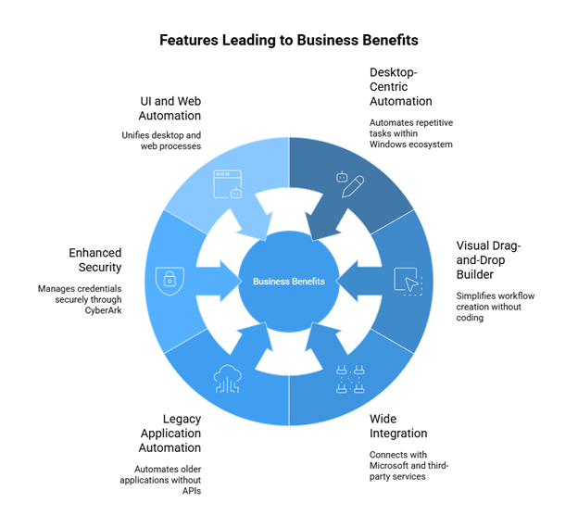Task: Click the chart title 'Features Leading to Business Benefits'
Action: point(289,40)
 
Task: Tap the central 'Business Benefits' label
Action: point(289,282)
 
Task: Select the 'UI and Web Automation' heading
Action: point(170,108)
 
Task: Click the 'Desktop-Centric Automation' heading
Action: point(401,87)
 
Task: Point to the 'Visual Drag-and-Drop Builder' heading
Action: point(488,260)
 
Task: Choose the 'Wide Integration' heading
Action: point(398,426)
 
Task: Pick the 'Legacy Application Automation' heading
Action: point(170,434)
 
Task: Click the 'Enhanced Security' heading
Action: point(95,260)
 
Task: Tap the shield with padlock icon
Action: point(170,282)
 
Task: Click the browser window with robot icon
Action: point(228,184)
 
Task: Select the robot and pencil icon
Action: point(350,184)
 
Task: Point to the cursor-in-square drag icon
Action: point(408,282)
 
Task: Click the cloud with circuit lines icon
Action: point(228,379)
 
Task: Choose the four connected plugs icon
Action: point(350,379)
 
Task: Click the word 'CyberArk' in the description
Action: point(103,310)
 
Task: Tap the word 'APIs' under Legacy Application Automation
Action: point(192,491)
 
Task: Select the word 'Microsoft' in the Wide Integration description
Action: point(387,465)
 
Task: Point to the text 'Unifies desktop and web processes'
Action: point(161,141)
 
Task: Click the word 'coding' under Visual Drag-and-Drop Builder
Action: point(470,318)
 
